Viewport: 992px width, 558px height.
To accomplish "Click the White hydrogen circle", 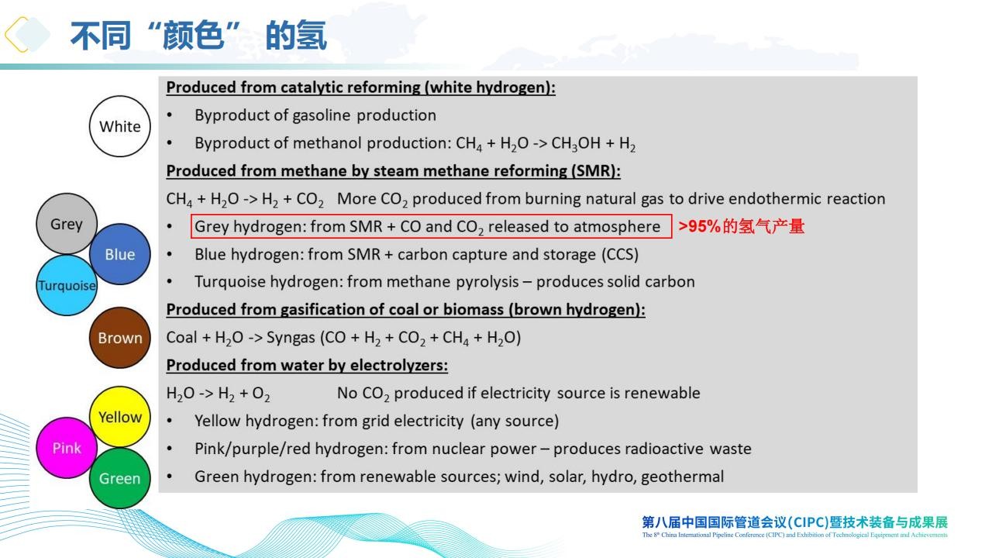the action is [119, 126].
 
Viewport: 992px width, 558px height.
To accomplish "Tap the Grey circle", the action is [67, 224].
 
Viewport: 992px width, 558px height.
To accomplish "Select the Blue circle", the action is [120, 254].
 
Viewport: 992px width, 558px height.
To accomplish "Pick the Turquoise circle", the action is [67, 285].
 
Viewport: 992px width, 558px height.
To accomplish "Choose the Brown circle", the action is [120, 337].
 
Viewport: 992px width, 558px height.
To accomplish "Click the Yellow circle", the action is [120, 417].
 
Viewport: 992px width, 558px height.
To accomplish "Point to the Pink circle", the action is [67, 448].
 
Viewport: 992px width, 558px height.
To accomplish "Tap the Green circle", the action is [120, 478].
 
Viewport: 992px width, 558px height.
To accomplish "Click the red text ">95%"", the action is [699, 226].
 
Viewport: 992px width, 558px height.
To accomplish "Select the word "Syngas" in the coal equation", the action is [291, 338].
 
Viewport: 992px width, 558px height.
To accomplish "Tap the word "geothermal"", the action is [683, 477].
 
